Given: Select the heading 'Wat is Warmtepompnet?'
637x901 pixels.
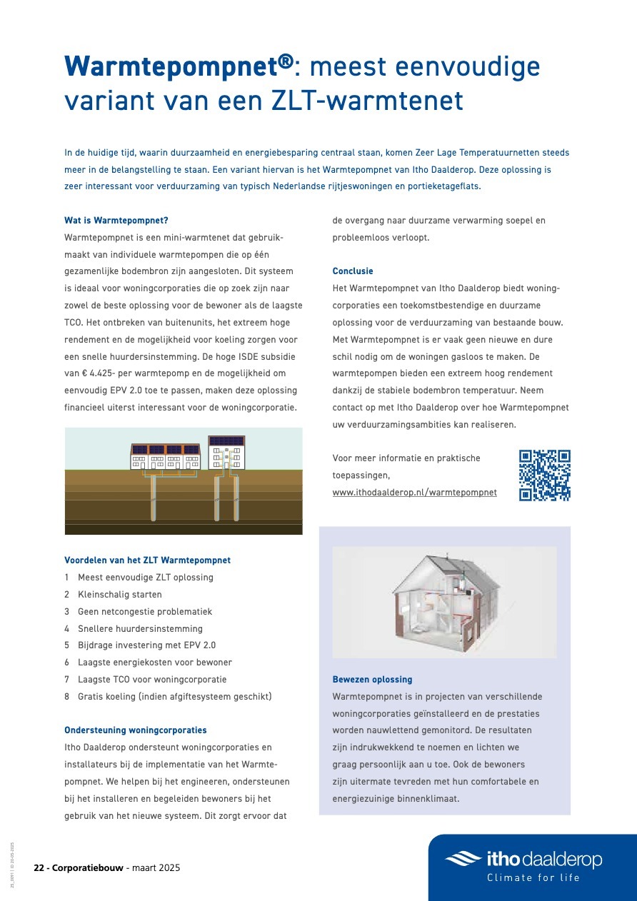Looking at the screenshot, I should click(116, 221).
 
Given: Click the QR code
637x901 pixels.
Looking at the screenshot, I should click(544, 475).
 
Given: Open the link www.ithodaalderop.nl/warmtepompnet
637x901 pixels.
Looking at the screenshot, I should click(414, 493).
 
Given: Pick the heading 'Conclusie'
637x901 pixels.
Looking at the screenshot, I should click(353, 271).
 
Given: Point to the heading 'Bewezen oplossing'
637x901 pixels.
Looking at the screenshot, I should click(372, 680).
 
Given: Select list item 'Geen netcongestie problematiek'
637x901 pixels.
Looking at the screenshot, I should click(144, 612).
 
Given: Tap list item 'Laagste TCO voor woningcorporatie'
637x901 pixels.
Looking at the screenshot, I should click(151, 680).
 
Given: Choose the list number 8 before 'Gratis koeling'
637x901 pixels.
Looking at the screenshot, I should click(67, 697).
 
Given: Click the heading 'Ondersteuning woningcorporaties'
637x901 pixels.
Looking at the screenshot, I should click(136, 730).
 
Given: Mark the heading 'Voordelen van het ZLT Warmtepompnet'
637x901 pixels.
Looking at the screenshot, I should click(147, 560).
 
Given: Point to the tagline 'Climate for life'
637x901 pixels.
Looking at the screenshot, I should click(533, 877).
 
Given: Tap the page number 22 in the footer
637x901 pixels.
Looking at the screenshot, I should click(39, 868).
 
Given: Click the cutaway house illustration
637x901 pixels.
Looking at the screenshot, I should click(444, 602).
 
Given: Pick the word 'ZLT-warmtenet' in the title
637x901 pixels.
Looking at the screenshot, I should click(368, 101).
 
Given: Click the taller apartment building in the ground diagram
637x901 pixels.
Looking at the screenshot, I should click(226, 453).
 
